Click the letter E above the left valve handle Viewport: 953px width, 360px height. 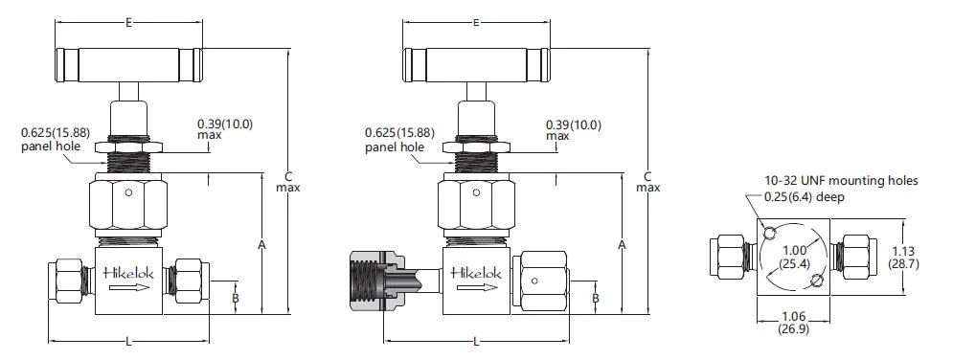(128, 21)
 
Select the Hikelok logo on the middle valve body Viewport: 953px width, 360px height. (477, 272)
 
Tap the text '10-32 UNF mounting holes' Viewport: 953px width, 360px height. (840, 180)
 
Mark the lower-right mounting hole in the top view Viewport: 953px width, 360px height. (816, 281)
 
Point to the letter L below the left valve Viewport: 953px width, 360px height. (128, 341)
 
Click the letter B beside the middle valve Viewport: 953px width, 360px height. (595, 299)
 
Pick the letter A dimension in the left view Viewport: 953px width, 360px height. (261, 245)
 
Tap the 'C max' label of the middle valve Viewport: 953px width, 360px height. (648, 182)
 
